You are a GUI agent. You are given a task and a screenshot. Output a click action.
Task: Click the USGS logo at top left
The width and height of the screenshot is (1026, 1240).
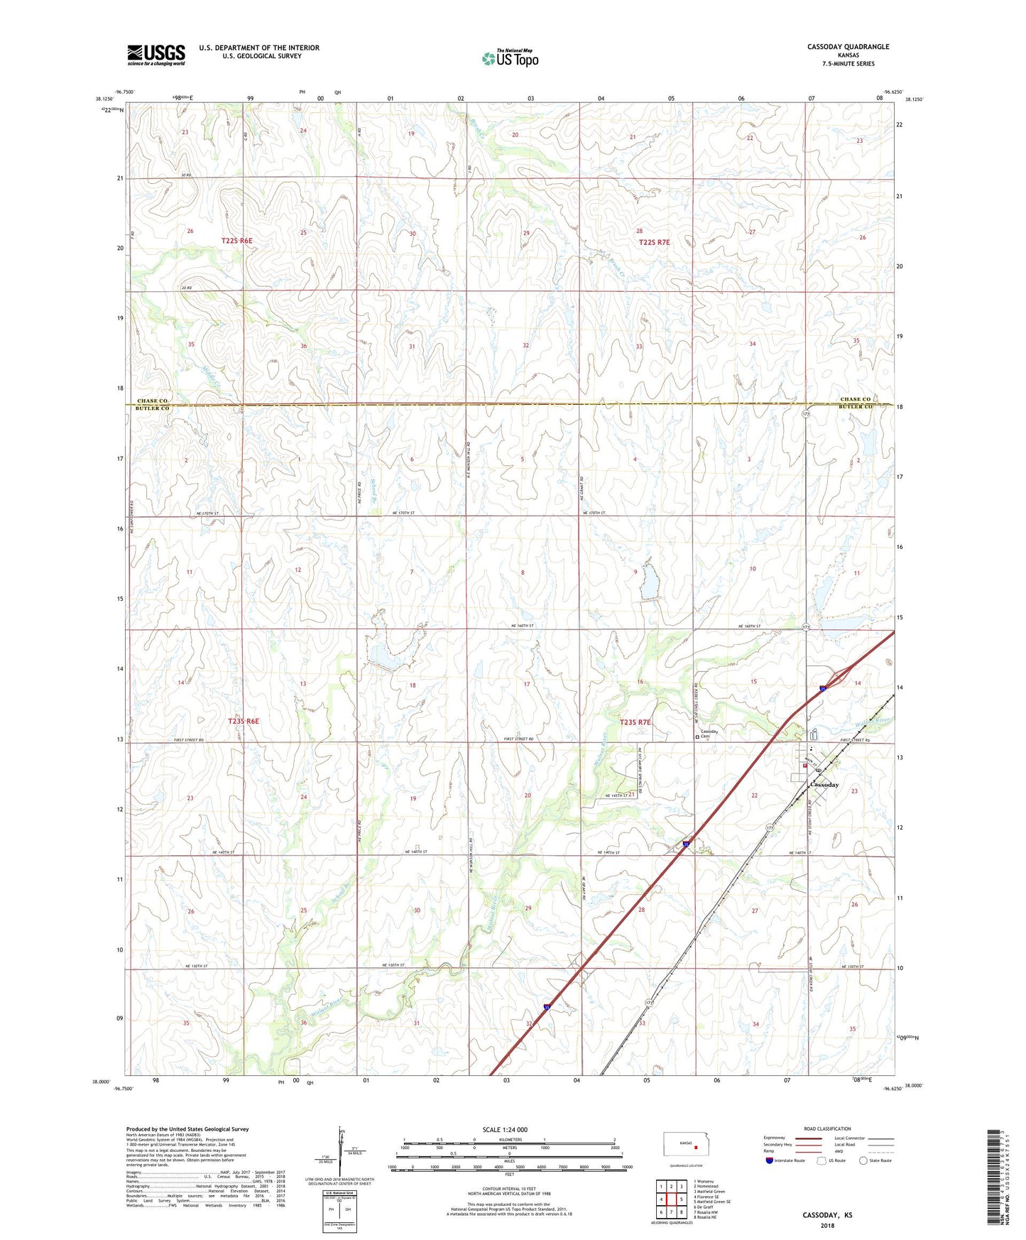click(155, 55)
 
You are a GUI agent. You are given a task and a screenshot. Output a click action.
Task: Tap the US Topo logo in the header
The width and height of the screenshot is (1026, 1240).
click(511, 58)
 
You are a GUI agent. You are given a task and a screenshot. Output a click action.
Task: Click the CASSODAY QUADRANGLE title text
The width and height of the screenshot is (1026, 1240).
click(848, 47)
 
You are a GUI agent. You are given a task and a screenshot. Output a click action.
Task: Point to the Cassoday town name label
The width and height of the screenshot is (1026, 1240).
click(824, 785)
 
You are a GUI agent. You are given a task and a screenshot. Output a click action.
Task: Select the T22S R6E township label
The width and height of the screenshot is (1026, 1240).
click(236, 241)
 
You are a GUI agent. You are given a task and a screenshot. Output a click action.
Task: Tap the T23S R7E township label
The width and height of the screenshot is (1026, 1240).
click(635, 722)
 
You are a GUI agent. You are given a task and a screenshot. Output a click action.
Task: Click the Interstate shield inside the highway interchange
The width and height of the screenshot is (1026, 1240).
click(822, 687)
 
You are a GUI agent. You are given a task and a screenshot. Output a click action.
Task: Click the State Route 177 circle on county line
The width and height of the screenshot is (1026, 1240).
click(806, 413)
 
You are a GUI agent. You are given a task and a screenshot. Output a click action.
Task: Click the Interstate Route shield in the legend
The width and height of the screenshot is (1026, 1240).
click(770, 1161)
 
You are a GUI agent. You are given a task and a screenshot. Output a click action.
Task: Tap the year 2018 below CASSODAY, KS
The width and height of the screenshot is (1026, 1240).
click(827, 1225)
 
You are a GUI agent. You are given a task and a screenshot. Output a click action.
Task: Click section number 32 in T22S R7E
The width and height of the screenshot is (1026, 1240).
click(525, 345)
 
